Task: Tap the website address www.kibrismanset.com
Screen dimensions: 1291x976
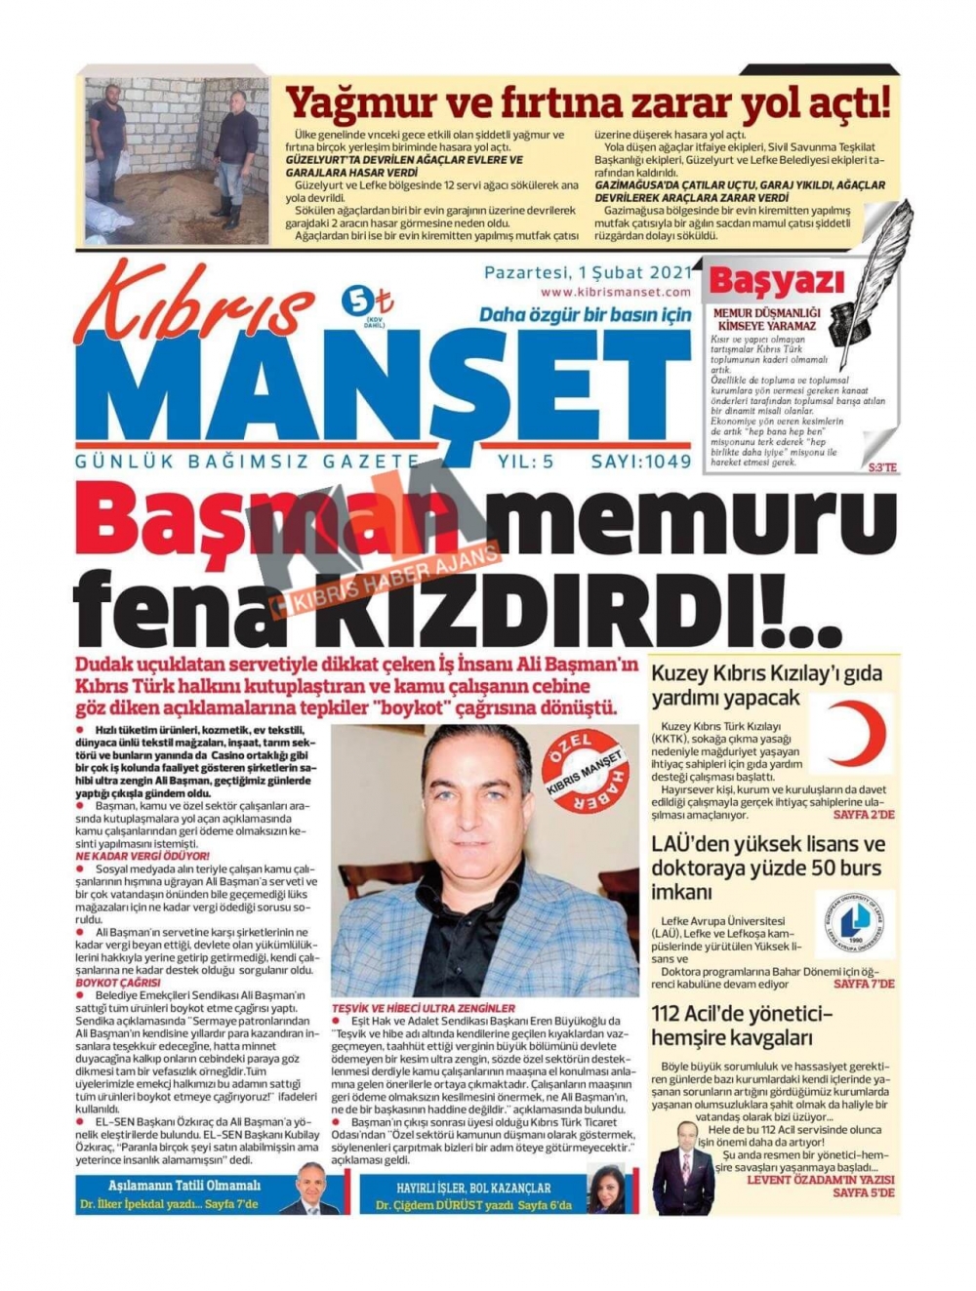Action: tap(615, 292)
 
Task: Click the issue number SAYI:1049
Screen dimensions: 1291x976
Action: tap(640, 462)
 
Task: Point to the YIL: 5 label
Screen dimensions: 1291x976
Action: tap(525, 462)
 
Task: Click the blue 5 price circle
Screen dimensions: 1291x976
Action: tap(354, 302)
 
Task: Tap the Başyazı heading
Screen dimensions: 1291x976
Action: tap(776, 282)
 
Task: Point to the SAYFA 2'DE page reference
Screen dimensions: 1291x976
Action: tap(863, 815)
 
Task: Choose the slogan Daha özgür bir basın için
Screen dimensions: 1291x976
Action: tap(584, 315)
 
